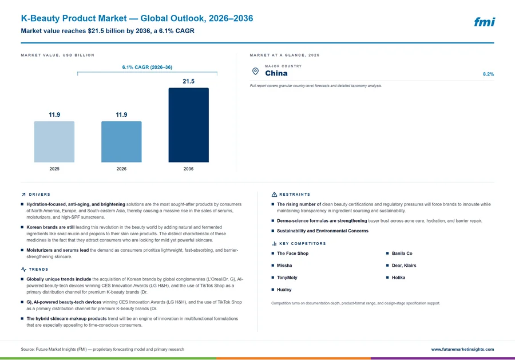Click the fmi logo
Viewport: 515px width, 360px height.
(484, 22)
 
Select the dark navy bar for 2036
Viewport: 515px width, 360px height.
(188, 125)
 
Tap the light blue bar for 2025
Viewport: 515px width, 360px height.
(54, 141)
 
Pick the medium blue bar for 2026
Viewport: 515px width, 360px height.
(121, 141)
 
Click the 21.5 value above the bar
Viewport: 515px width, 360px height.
(188, 81)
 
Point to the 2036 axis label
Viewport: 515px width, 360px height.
(188, 169)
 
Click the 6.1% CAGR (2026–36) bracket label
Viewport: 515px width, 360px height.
(147, 67)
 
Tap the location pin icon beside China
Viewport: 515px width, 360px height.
(255, 72)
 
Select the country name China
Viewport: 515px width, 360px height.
(276, 73)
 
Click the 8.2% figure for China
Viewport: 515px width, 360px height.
(489, 74)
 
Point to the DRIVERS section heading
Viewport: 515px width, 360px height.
(39, 195)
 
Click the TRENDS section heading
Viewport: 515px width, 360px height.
(38, 270)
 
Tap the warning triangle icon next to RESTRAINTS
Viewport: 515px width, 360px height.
(274, 195)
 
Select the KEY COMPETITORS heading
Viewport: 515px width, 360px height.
(303, 244)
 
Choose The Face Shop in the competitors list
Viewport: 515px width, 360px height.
(292, 254)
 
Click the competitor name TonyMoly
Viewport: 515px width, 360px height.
(287, 278)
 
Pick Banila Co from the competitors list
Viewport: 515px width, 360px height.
(402, 254)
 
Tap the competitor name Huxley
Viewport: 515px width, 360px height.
(284, 290)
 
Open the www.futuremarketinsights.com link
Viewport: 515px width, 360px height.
(462, 350)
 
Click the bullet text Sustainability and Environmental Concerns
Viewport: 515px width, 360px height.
(323, 231)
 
